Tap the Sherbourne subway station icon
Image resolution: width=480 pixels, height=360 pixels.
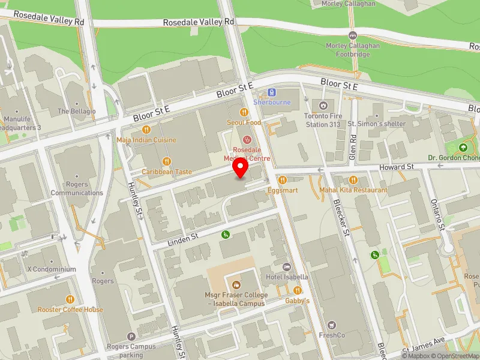point(272,92)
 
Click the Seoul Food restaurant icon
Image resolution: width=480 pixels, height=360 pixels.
point(244,112)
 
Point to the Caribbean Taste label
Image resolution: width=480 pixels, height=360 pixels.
point(167,172)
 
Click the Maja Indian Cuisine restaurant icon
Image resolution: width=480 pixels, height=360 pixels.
point(146,130)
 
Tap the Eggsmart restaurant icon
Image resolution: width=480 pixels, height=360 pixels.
point(281,179)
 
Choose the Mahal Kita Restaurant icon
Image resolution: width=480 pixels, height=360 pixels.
point(353,179)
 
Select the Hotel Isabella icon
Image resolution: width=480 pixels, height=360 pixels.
point(287,266)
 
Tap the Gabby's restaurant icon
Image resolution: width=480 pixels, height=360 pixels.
point(297,290)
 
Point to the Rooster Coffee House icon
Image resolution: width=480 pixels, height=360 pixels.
point(70,299)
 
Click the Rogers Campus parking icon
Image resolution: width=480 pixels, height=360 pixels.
point(131,337)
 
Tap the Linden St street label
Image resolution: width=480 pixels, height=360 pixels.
point(183,238)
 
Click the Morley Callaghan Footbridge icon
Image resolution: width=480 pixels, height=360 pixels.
point(353,35)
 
